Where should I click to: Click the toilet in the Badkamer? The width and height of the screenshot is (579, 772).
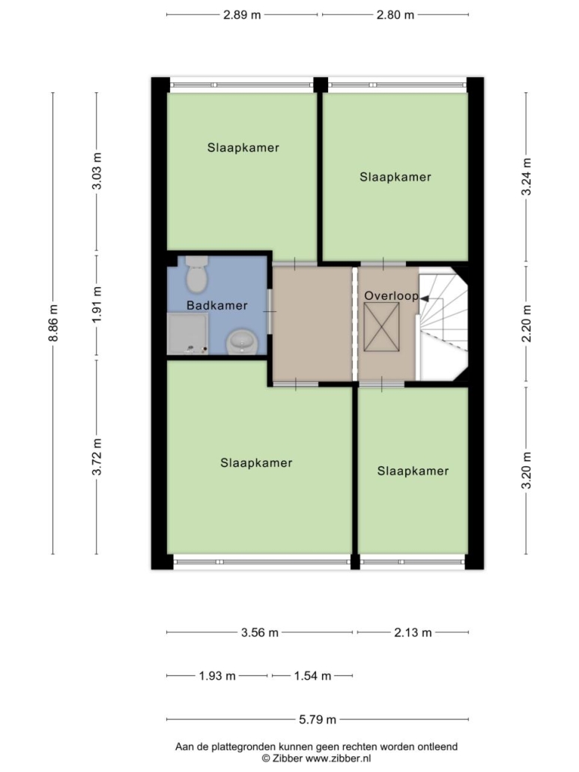[197, 272]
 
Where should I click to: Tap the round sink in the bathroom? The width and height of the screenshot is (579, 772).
[241, 342]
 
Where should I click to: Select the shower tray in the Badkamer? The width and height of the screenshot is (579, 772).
[187, 334]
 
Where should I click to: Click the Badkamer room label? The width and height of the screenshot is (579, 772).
[217, 306]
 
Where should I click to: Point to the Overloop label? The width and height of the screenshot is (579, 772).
[391, 296]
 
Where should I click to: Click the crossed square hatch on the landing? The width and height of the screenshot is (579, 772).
[381, 327]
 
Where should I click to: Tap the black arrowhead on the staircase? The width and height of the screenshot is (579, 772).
[423, 298]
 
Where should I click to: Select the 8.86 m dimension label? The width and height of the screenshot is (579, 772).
[53, 323]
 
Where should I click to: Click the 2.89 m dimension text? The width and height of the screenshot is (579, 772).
[242, 15]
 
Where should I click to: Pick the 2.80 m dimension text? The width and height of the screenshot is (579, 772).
[395, 15]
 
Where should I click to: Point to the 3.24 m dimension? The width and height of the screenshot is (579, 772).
[527, 177]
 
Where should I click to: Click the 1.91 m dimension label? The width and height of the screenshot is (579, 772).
[97, 305]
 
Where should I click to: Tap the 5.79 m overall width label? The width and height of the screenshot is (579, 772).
[318, 720]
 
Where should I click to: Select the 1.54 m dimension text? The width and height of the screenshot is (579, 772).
[313, 676]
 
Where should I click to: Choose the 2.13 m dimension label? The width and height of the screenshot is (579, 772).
[413, 633]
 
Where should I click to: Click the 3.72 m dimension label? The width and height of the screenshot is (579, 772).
[97, 457]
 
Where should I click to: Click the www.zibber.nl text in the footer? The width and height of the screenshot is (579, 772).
[339, 759]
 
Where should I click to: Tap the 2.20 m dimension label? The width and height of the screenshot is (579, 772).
[527, 324]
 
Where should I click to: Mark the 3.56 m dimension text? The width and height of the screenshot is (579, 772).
[260, 633]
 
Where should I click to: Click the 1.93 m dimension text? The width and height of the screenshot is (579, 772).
[217, 676]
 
